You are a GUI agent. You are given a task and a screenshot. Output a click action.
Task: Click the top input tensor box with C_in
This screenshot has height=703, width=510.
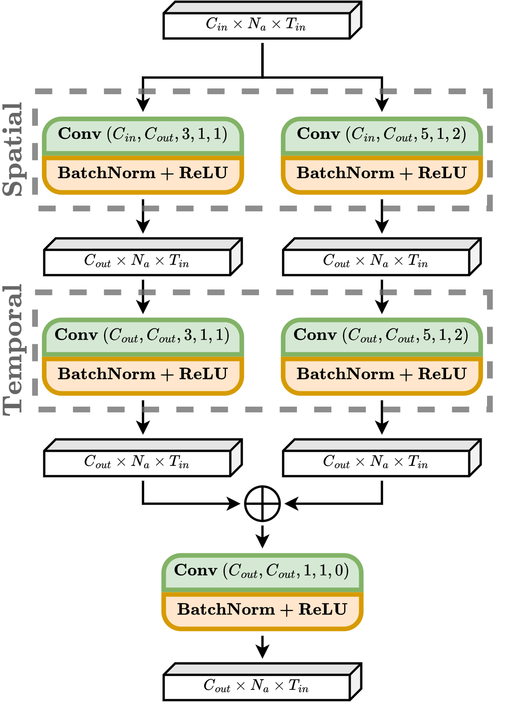coord(257,25)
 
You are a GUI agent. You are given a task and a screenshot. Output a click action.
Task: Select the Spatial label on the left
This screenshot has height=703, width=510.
coord(12,149)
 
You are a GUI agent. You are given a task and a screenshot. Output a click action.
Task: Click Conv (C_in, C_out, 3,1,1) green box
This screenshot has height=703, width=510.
coord(142,135)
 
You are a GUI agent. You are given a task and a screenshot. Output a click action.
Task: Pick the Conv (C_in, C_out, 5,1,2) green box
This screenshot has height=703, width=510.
coord(381,135)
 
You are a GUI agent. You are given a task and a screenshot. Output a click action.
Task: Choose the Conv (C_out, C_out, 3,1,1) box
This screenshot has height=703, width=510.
coord(142,335)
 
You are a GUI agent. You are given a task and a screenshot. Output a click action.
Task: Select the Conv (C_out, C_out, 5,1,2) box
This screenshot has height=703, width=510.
coord(381,335)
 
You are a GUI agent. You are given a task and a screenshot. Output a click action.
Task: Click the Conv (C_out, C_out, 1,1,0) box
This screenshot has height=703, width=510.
coord(262,571)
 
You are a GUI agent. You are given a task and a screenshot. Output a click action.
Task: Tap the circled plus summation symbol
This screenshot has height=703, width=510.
coord(262,504)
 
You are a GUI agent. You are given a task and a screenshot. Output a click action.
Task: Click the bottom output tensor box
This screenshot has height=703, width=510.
coord(257,686)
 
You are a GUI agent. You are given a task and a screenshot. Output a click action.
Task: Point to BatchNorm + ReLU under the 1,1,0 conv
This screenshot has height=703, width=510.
coord(262,610)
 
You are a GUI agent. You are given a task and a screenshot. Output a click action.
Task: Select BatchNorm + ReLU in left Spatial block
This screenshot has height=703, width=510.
coord(142,173)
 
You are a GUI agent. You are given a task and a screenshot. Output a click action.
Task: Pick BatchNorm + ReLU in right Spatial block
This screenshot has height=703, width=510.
coord(381,173)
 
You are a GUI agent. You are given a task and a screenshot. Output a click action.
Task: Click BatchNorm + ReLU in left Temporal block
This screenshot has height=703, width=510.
coord(142,374)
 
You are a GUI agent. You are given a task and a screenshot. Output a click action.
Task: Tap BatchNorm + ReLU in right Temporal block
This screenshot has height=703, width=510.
coord(381,374)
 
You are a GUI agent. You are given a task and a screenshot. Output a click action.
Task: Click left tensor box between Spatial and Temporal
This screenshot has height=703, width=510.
coord(137,262)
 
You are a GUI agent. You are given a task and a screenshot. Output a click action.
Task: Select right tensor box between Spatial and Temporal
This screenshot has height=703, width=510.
coord(376,262)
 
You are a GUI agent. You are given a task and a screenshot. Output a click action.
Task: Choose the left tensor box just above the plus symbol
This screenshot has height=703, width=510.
coord(137,463)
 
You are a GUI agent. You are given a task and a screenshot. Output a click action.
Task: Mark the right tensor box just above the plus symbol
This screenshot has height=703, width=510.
coord(376,463)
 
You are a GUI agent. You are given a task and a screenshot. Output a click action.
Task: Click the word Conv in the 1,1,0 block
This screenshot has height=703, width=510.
coord(196,571)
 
